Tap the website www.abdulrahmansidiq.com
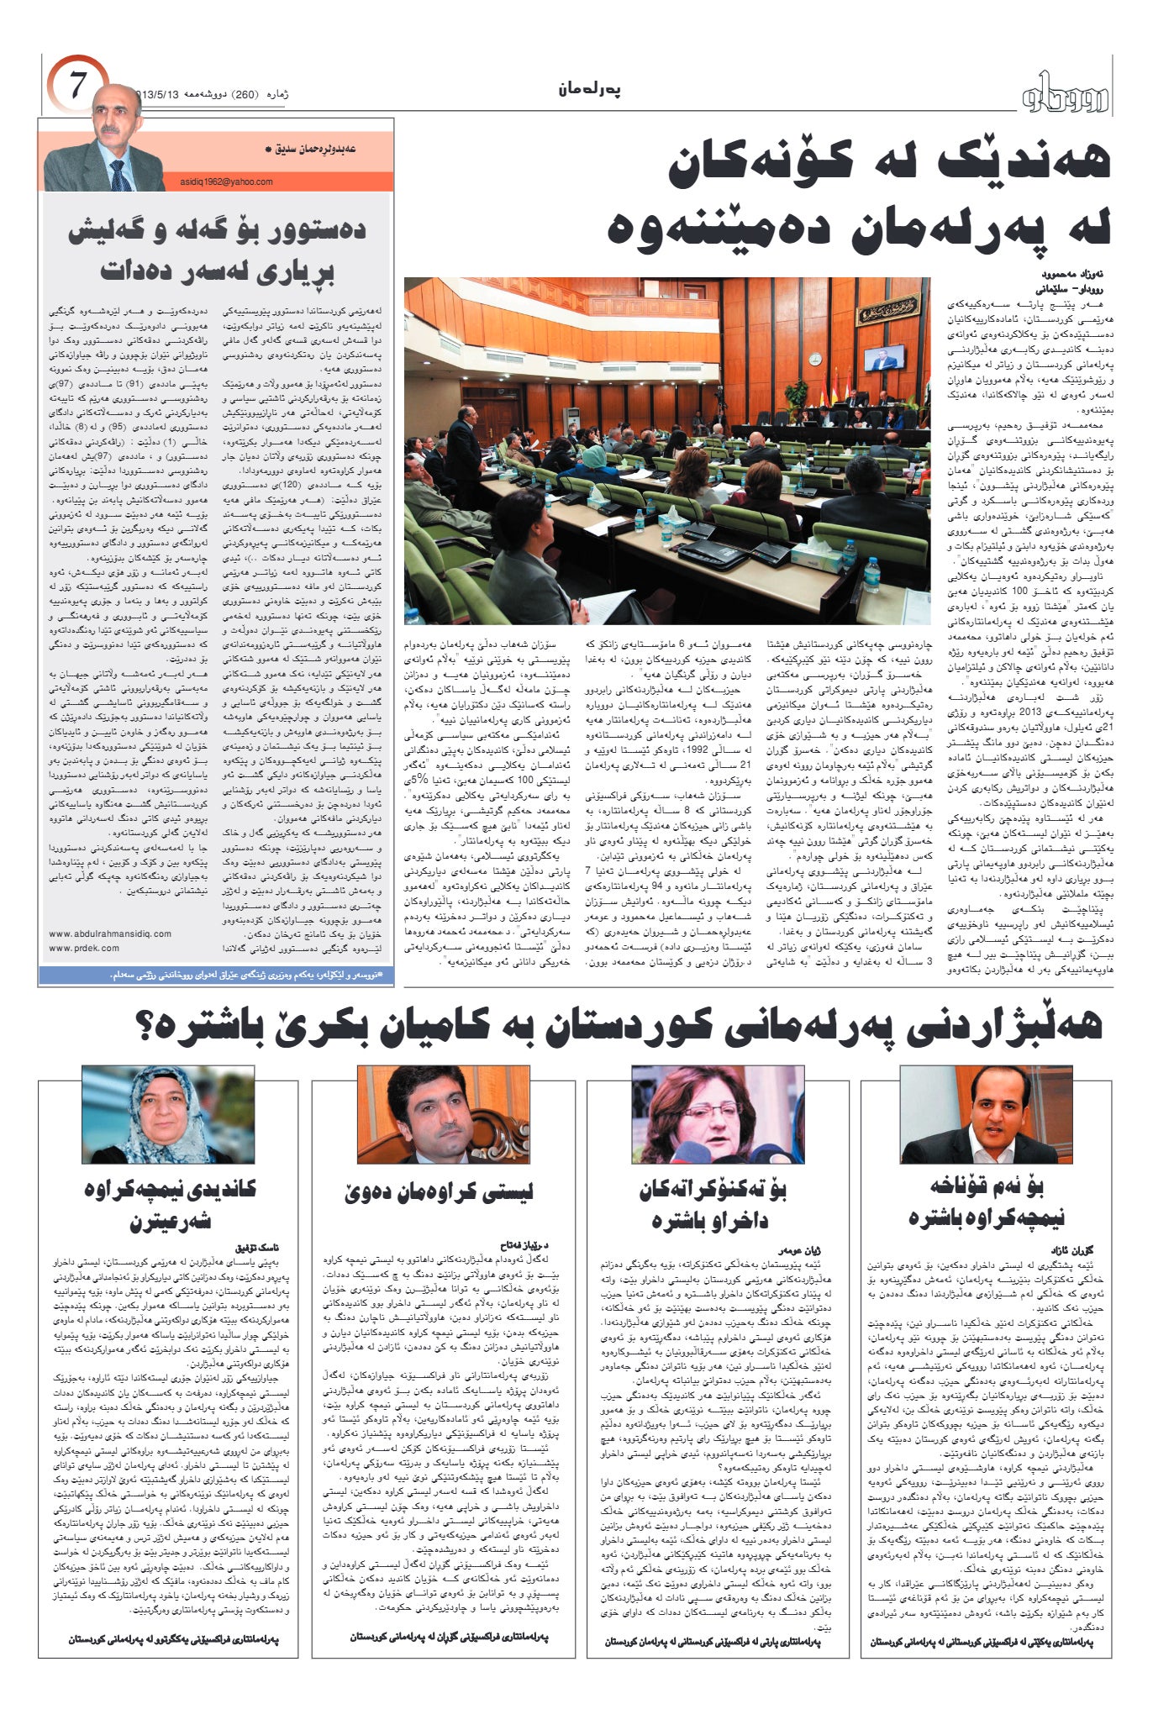[110, 933]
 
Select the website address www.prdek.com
[84, 948]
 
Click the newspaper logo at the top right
[1066, 95]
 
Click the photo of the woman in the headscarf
[167, 1114]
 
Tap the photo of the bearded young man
[443, 1114]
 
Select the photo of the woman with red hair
[717, 1114]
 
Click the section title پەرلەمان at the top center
[589, 90]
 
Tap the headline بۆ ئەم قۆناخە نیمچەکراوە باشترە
[987, 1202]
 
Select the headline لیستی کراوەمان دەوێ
[438, 1191]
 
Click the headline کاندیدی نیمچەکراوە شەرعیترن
[169, 1202]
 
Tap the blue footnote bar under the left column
[216, 975]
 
